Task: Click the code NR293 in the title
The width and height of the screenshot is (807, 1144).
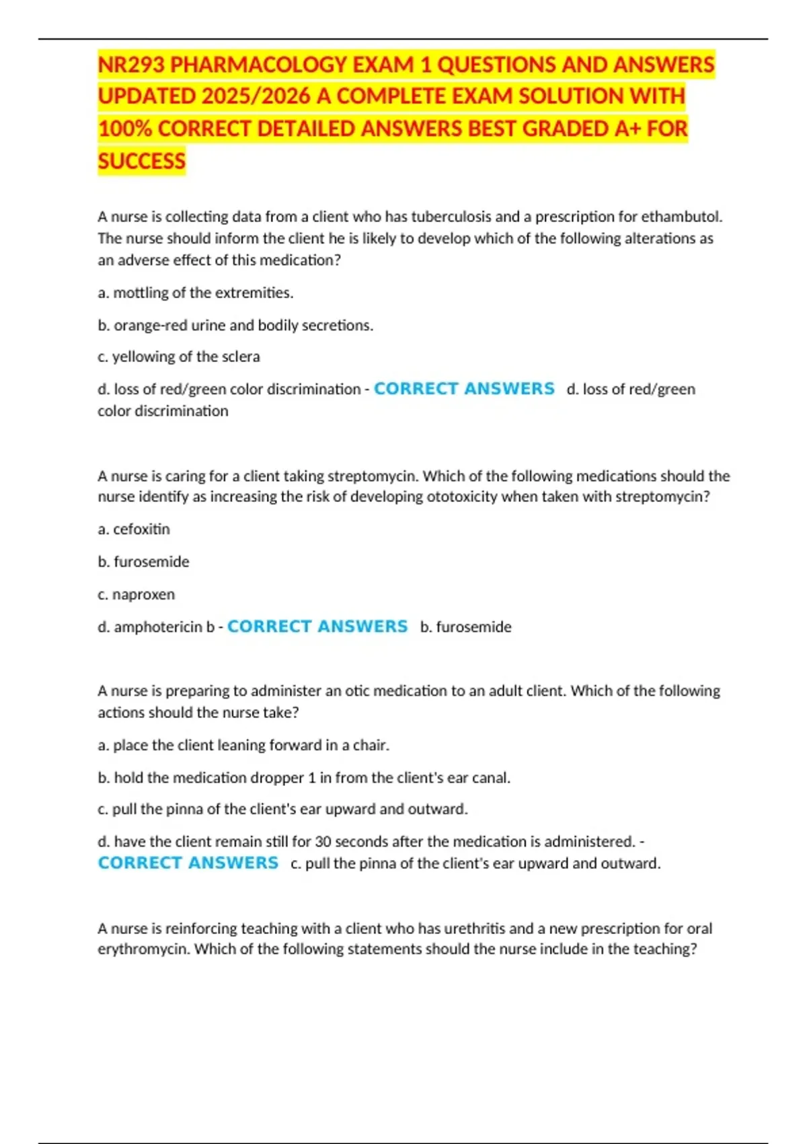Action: [x=131, y=65]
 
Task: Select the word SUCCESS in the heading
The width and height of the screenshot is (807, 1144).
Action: [x=141, y=162]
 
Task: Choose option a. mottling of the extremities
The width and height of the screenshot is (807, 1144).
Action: [x=196, y=293]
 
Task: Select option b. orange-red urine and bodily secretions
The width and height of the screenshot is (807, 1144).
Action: [x=235, y=326]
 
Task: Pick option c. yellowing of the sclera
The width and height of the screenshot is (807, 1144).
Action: [x=179, y=357]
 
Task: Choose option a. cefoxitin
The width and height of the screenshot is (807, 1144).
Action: [x=134, y=530]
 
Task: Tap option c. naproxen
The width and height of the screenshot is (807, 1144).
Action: [x=137, y=595]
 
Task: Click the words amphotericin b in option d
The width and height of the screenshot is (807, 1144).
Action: [x=164, y=627]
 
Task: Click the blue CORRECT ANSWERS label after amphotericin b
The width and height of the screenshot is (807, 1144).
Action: [x=317, y=627]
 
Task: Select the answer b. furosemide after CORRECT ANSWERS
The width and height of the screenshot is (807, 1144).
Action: [x=465, y=627]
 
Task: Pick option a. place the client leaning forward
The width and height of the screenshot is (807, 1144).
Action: [x=243, y=746]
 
